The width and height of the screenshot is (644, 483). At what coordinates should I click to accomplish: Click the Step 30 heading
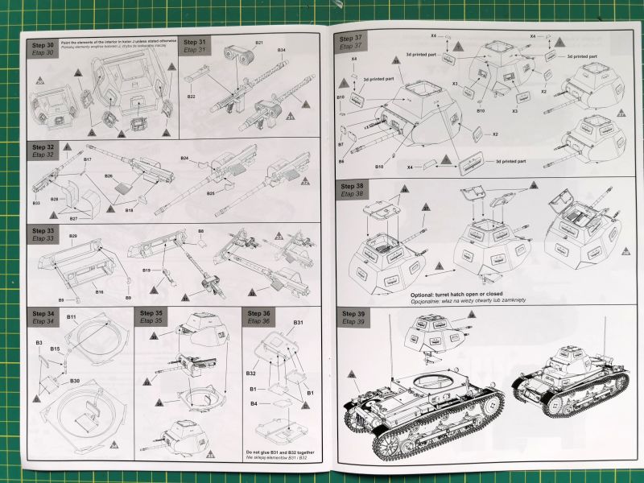[43, 44]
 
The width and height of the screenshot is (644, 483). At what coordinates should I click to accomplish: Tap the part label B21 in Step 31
[259, 42]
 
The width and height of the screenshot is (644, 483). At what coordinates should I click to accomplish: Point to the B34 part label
[282, 51]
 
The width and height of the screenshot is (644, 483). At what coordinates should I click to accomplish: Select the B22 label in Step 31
[192, 97]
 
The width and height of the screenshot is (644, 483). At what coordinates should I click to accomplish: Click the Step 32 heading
[43, 147]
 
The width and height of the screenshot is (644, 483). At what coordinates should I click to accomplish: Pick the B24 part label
[184, 158]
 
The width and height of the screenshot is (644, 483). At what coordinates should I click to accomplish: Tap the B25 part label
[210, 193]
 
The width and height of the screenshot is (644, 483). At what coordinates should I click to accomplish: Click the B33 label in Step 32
[36, 203]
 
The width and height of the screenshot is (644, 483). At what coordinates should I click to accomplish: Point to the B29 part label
[72, 236]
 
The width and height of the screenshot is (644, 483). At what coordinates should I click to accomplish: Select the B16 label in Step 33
[99, 291]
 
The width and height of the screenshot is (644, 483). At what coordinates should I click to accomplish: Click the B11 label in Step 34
[71, 318]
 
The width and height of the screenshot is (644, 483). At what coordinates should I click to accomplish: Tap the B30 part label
[75, 380]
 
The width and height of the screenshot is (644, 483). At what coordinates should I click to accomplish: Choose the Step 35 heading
[153, 312]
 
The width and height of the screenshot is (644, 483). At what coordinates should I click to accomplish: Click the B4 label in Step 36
[254, 402]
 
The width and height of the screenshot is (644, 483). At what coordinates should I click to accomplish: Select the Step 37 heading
[352, 38]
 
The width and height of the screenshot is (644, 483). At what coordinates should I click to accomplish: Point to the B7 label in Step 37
[341, 144]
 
